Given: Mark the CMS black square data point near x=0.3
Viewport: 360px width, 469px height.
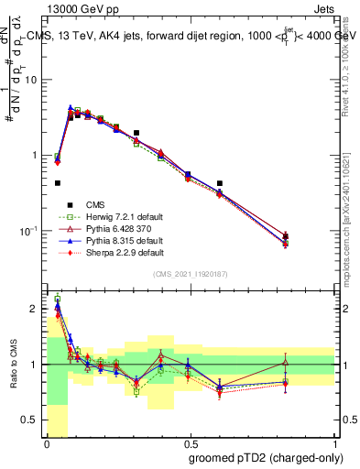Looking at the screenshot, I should pos(136,133).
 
